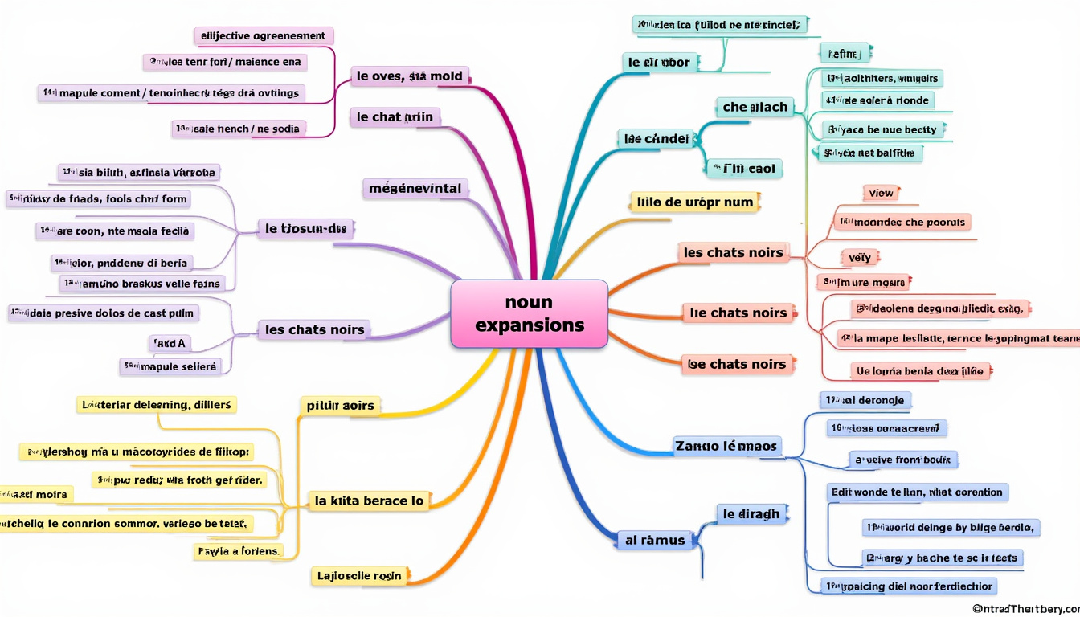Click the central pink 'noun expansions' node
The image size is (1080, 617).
tap(529, 313)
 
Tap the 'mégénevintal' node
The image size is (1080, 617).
tap(415, 189)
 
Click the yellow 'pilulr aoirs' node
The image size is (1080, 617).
tap(340, 406)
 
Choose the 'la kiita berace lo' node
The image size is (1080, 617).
tap(369, 501)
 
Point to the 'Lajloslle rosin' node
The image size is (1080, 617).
tap(358, 576)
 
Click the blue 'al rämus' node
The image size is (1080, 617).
tap(655, 540)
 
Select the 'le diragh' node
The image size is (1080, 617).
tap(751, 514)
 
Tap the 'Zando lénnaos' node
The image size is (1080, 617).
tap(726, 446)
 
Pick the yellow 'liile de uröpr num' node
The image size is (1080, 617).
tap(694, 202)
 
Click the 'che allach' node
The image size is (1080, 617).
tap(755, 107)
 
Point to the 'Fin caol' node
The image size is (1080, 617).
tap(743, 168)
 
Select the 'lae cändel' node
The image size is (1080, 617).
tap(657, 138)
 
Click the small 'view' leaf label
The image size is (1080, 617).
tap(881, 193)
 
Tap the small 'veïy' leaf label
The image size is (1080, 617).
tap(859, 258)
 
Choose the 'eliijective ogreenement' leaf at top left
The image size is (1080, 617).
tap(264, 36)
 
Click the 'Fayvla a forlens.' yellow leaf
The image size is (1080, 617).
tap(239, 551)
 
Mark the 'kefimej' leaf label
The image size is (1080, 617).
tap(844, 53)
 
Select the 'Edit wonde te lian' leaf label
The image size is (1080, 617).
tap(916, 492)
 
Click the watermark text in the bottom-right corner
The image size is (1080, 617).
tap(1024, 609)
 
